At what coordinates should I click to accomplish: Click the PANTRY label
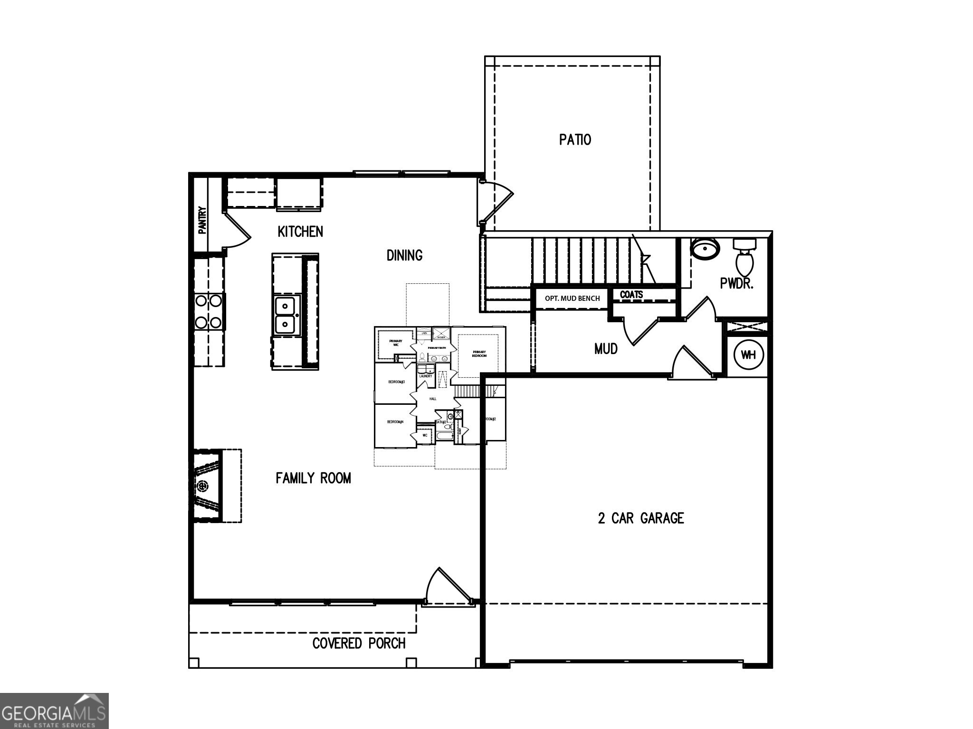pyautogui.click(x=202, y=220)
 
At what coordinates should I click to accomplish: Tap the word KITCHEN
pyautogui.click(x=300, y=232)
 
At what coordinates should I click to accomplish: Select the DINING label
pyautogui.click(x=404, y=255)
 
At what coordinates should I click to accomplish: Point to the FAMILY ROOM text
pyautogui.click(x=313, y=478)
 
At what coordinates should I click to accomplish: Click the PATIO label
pyautogui.click(x=575, y=140)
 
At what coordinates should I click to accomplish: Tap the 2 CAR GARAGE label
pyautogui.click(x=640, y=518)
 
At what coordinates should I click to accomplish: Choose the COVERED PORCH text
pyautogui.click(x=359, y=644)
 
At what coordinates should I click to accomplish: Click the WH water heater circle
pyautogui.click(x=748, y=355)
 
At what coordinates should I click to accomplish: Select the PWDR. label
pyautogui.click(x=737, y=284)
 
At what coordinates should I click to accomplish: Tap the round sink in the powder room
pyautogui.click(x=705, y=248)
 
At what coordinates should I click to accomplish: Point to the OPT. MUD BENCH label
pyautogui.click(x=572, y=299)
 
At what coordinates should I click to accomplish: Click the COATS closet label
pyautogui.click(x=631, y=295)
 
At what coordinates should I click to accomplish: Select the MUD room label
pyautogui.click(x=606, y=349)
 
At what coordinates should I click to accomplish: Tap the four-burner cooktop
pyautogui.click(x=209, y=311)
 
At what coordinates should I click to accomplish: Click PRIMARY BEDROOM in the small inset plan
pyautogui.click(x=479, y=354)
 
